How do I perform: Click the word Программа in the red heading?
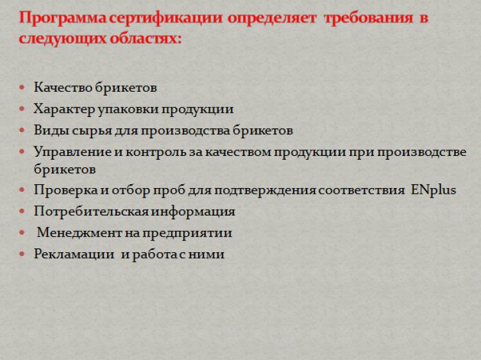point(63,18)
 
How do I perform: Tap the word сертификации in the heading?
point(165,18)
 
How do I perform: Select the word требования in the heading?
point(368,18)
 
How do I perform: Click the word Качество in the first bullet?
point(63,87)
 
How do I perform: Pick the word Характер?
point(64,109)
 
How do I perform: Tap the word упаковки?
point(128,110)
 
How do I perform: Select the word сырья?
point(92,131)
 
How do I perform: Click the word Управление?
point(72,151)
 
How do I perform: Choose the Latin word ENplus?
point(433,190)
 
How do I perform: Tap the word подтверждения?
point(265,191)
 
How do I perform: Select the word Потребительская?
point(92,212)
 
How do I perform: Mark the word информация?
point(193,212)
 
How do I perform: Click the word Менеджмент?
point(79,233)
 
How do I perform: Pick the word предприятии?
point(187,233)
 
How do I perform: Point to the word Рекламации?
point(74,254)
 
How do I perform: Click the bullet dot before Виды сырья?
point(22,130)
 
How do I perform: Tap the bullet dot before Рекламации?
point(22,254)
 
